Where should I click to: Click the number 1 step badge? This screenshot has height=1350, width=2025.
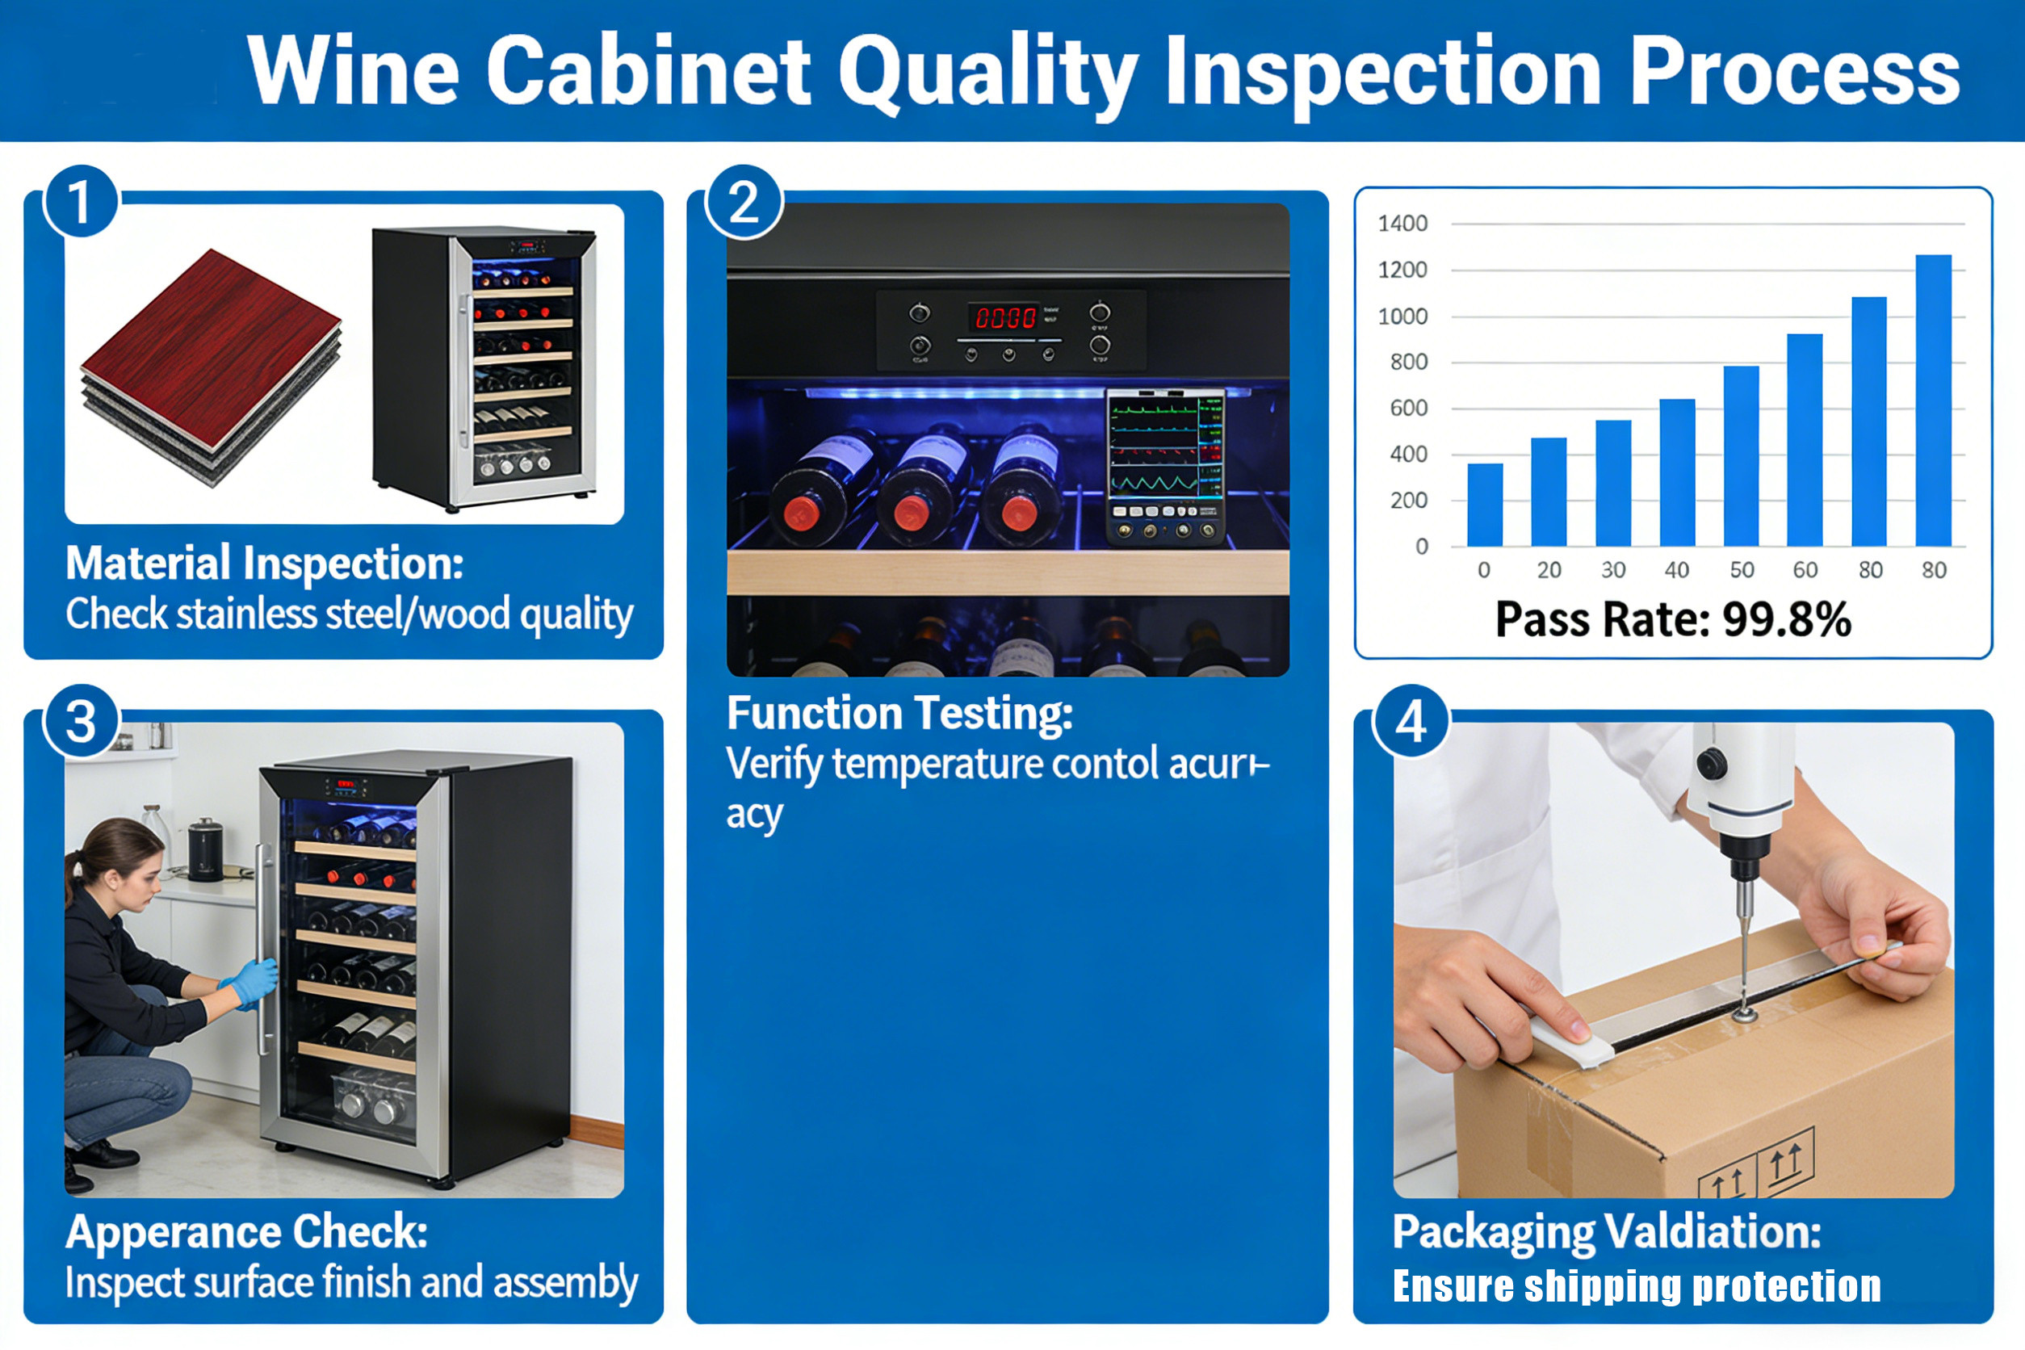click(80, 203)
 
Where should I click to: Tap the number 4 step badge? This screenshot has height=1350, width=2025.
click(1411, 722)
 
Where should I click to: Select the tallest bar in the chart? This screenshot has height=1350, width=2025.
click(1933, 400)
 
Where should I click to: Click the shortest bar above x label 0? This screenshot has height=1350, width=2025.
click(1484, 505)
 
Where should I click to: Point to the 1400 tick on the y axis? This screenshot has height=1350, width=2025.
click(1402, 224)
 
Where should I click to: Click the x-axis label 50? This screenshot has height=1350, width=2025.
click(1742, 570)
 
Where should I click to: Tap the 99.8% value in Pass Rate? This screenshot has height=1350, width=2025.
click(1787, 620)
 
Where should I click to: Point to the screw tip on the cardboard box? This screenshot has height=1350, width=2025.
click(1744, 1016)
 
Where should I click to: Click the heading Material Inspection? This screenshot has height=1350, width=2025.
click(264, 563)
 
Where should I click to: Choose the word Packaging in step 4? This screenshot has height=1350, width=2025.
click(1494, 1231)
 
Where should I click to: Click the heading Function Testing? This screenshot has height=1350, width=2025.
click(899, 713)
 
